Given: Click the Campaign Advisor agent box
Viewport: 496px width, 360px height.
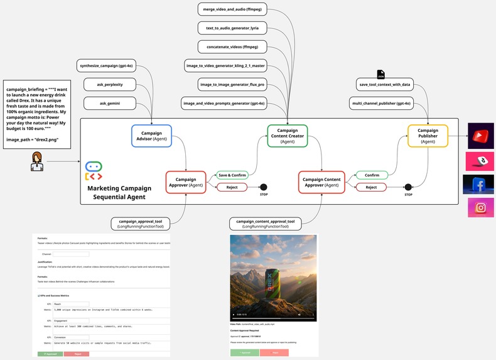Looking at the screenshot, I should point(151,136).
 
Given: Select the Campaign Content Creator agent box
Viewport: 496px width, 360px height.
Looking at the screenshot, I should point(288,136).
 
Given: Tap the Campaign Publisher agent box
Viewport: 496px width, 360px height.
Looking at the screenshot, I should point(428,136).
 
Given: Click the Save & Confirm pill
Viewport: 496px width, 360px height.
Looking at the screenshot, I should point(232,175).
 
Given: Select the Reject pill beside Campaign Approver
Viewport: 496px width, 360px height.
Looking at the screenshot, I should point(232,187).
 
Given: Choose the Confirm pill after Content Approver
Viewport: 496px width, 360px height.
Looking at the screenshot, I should point(372,175).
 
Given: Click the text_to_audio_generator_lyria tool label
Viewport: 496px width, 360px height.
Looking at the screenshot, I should point(232,29).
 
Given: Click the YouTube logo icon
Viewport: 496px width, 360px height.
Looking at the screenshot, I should point(481,135).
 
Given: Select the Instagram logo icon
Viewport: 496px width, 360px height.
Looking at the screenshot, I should point(480,207).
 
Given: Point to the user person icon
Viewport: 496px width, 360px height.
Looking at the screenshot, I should point(38,161).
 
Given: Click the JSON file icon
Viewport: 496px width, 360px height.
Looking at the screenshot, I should point(380,75).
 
